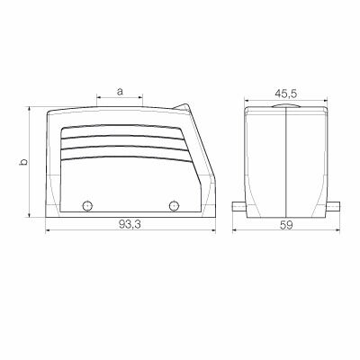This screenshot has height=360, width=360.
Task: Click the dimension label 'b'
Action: (x=22, y=163)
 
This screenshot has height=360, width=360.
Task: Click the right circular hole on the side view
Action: (x=174, y=206)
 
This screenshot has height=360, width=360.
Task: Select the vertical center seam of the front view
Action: (x=285, y=162)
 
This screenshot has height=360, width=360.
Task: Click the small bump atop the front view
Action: (x=285, y=107)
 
